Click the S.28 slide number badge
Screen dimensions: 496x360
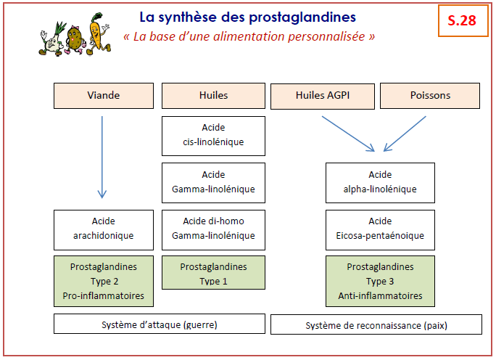pyautogui.click(x=463, y=20)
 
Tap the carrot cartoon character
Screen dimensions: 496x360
pyautogui.click(x=99, y=33)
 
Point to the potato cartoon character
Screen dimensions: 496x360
pyautogui.click(x=75, y=40)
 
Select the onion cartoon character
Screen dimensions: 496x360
pyautogui.click(x=52, y=39)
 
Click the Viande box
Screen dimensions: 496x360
pyautogui.click(x=104, y=96)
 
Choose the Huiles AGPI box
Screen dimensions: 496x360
pyautogui.click(x=323, y=96)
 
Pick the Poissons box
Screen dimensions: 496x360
pyautogui.click(x=430, y=96)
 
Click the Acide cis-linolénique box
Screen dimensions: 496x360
pyautogui.click(x=213, y=136)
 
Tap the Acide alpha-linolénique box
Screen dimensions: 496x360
pyautogui.click(x=380, y=183)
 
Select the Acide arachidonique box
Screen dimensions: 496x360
pyautogui.click(x=104, y=230)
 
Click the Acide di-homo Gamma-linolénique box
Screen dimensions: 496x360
pyautogui.click(x=213, y=230)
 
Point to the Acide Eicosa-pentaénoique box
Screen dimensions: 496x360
pyautogui.click(x=380, y=230)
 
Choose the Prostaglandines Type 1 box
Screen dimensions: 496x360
pyautogui.click(x=213, y=273)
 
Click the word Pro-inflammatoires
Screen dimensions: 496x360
pyautogui.click(x=104, y=295)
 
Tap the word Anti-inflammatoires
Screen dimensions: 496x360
pyautogui.click(x=380, y=295)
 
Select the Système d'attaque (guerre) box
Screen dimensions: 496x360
pyautogui.click(x=160, y=324)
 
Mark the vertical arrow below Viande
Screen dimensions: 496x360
pyautogui.click(x=102, y=157)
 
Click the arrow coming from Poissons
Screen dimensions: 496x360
pyautogui.click(x=405, y=134)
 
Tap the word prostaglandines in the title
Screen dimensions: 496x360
pyautogui.click(x=302, y=17)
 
